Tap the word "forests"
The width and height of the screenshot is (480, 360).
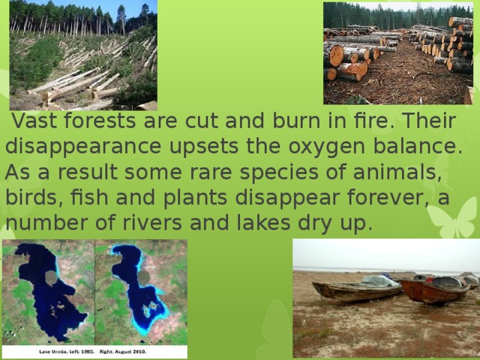pyautogui.click(x=100, y=121)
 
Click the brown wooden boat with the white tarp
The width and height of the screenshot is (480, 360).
pyautogui.click(x=355, y=289)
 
